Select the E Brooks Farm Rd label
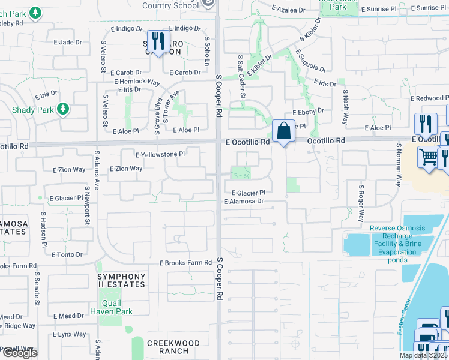pos(185,263)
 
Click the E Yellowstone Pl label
pos(160,154)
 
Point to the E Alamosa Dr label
pos(244,202)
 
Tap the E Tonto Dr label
pos(67,254)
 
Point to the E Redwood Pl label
pos(429,98)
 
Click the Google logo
pos(20,352)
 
